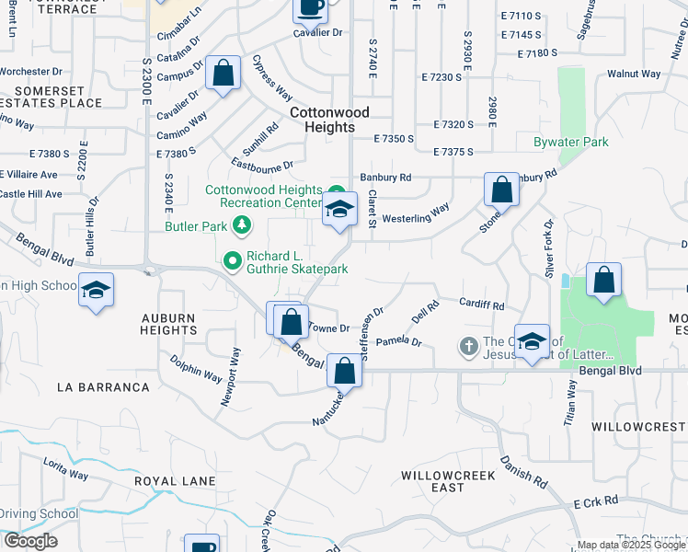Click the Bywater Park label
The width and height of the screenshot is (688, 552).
coord(570,143)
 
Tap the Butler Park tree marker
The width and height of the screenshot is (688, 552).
coord(241,224)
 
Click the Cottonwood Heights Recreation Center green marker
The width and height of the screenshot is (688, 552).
coord(337,190)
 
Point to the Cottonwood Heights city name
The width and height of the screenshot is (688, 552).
coord(329,120)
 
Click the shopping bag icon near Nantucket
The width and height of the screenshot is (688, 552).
coord(345,371)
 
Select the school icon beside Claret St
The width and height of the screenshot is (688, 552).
coord(339,209)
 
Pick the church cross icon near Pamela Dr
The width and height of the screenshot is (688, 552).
coord(468,346)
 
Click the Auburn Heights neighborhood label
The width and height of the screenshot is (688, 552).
coord(168,326)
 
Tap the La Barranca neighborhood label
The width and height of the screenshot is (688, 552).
coord(103,387)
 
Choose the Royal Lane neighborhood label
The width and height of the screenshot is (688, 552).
coord(175,481)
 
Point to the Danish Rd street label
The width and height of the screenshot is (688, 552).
coord(523,471)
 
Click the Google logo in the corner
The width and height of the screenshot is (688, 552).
coord(30,541)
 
